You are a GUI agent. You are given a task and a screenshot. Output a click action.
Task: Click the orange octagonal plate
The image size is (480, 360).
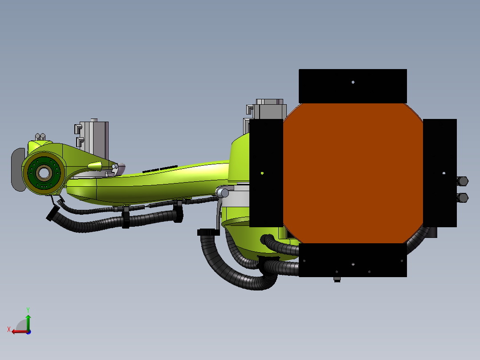pos(353,173)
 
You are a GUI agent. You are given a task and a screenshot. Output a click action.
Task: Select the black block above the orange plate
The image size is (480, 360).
pos(353,86)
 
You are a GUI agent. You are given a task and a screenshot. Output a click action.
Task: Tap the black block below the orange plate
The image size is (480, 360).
pos(353,260)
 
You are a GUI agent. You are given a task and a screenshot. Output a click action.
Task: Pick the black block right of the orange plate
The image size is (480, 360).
pos(440,173)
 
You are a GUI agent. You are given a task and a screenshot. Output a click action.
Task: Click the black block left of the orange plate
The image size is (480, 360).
pos(266,173)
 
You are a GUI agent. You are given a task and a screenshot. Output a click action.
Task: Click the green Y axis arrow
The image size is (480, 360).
pos(28,322)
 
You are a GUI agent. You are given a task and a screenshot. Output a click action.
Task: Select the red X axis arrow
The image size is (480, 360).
pos(20,331)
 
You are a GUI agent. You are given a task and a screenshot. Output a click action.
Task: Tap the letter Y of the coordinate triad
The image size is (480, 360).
pos(28,310)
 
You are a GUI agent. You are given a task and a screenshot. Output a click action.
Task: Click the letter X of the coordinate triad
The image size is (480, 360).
pos(9,330)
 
